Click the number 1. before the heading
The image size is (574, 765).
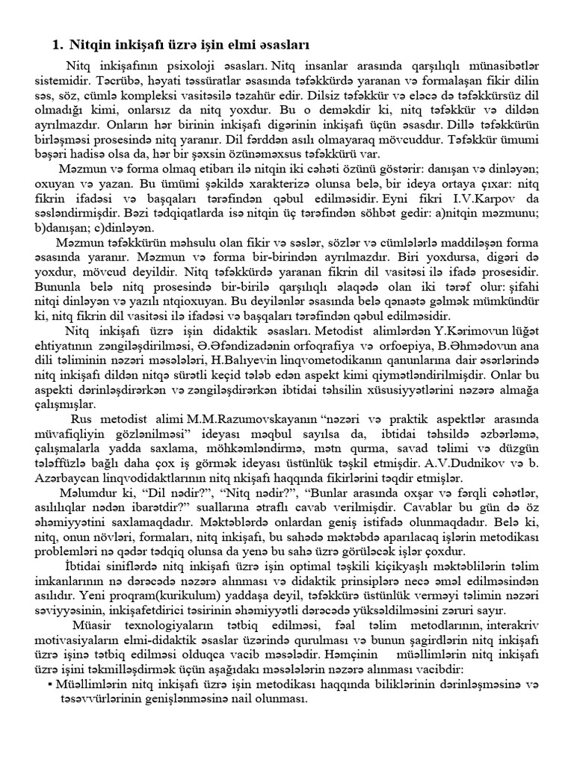tap(58, 46)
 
